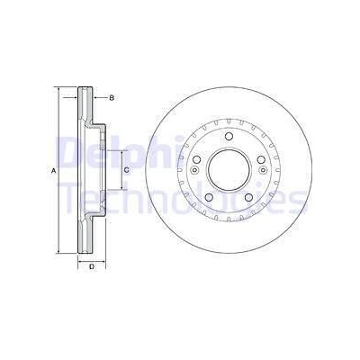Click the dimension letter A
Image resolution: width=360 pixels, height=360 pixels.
click(54, 171)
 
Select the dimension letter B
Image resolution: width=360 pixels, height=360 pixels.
click(112, 98)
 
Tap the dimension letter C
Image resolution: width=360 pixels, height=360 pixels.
click(126, 170)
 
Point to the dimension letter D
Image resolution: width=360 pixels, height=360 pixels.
click(92, 266)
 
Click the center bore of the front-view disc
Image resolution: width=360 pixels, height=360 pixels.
click(229, 170)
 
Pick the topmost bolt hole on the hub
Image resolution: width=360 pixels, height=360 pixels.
click(229, 136)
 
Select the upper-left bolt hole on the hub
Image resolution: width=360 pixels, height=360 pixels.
click(196, 159)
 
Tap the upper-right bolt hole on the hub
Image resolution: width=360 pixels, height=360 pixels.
click(261, 159)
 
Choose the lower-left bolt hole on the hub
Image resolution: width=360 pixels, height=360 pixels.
click(209, 197)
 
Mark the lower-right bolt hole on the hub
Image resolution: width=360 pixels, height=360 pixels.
click(248, 197)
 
